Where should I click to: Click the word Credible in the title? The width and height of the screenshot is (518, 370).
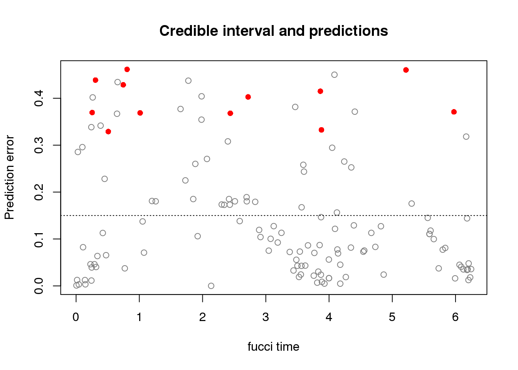pos(189,31)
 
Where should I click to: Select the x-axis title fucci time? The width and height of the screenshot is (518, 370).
pos(273,346)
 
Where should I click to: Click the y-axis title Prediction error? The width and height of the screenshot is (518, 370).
pos(9,177)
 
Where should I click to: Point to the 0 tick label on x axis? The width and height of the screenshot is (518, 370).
pos(76,317)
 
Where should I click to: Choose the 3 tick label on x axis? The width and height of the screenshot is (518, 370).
pos(266,317)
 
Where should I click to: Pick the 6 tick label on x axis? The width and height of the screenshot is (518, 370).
pos(455,317)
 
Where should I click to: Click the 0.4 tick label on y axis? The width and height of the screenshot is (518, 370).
pos(39,98)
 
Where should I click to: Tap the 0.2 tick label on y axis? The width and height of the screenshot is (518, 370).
pos(39,192)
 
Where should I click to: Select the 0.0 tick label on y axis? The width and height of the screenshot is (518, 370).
pos(39,286)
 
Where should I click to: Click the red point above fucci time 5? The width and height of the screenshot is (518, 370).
pos(406,70)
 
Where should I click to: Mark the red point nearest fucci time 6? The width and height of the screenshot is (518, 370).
pos(454,112)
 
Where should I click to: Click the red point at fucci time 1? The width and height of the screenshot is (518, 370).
pos(140,113)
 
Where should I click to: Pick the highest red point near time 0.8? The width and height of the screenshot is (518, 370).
pos(127,69)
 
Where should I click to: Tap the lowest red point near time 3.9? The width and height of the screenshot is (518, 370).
pos(321,130)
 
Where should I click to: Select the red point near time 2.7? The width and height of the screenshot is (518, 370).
pos(248,97)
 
